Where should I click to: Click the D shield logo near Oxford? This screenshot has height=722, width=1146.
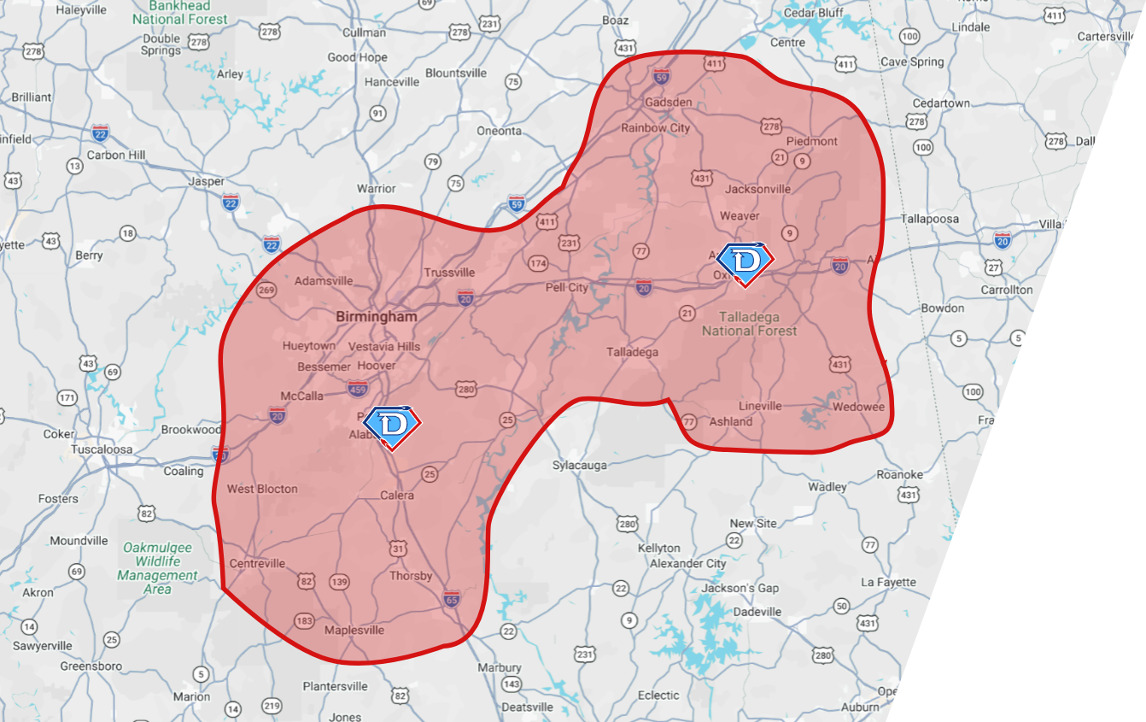point(744,263)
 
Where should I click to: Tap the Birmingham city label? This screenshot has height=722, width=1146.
point(377,316)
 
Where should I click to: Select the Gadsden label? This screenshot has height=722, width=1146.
point(669,102)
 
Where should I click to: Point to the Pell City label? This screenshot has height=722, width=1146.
point(567,287)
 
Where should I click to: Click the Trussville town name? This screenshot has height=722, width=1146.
point(449,273)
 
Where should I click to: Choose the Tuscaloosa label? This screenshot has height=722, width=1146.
point(102,449)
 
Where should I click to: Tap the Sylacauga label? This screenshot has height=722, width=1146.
point(580,466)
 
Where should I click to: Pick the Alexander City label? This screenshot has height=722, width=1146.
point(687,564)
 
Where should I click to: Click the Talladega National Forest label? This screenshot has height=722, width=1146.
point(750,324)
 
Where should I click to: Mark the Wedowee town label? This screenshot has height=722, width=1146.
point(858,407)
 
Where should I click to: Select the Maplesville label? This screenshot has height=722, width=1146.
point(354,631)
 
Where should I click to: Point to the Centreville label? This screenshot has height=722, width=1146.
point(257,564)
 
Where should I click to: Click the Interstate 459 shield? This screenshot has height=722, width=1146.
point(359,390)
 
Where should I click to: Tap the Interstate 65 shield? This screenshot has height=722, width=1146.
point(452,599)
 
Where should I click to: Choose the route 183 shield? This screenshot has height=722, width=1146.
point(304,620)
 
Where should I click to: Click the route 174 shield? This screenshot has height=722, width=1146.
point(538,263)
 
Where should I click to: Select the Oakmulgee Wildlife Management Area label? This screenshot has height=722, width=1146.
point(157,561)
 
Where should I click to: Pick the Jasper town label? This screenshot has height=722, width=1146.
point(206,181)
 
